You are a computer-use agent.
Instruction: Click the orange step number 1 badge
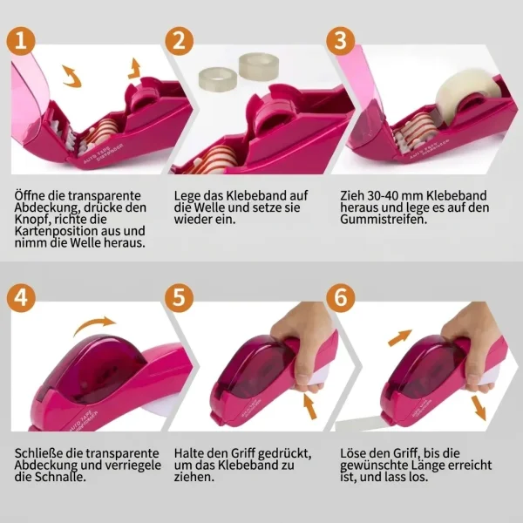tap(21, 41)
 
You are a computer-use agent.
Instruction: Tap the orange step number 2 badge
tap(179, 41)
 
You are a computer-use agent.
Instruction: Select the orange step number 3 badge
tap(341, 41)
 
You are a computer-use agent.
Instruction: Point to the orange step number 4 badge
tap(21, 297)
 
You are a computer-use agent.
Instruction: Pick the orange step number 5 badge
tap(179, 297)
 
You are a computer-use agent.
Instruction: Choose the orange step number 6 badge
tap(341, 297)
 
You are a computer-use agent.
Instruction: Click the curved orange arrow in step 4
tap(93, 323)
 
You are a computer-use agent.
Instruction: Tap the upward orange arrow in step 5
tap(310, 405)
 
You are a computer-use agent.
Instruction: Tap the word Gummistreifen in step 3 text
tap(384, 220)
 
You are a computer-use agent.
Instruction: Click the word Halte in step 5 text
tap(189, 453)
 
